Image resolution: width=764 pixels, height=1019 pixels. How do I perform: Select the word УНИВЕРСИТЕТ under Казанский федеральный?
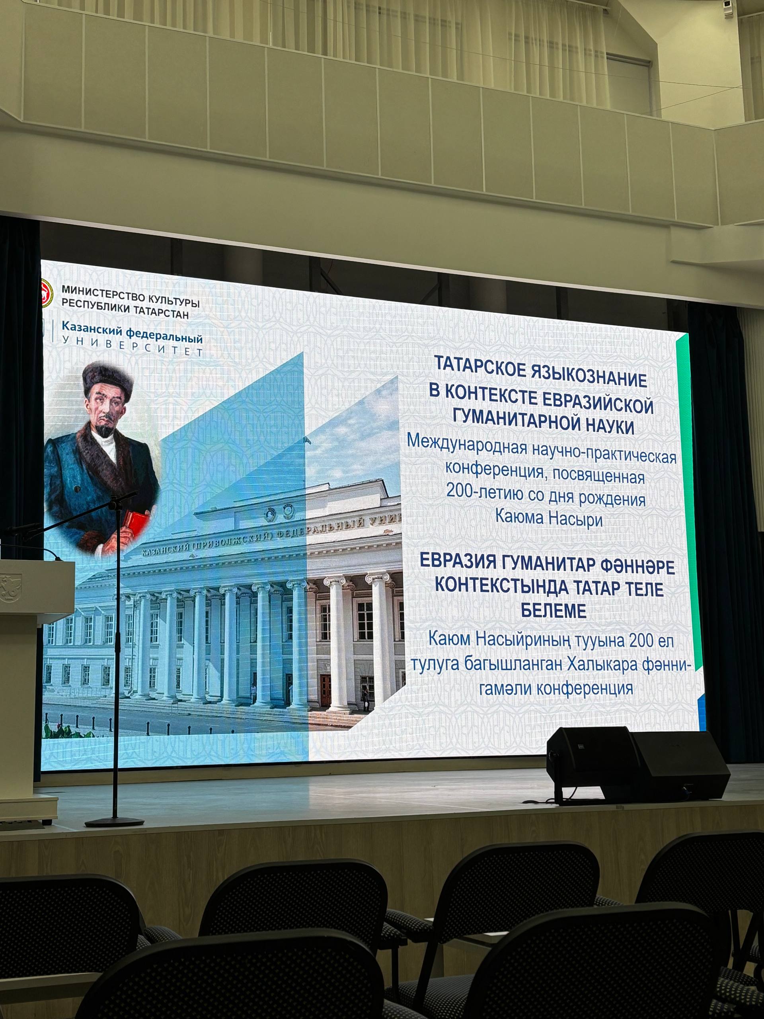(x=132, y=346)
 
